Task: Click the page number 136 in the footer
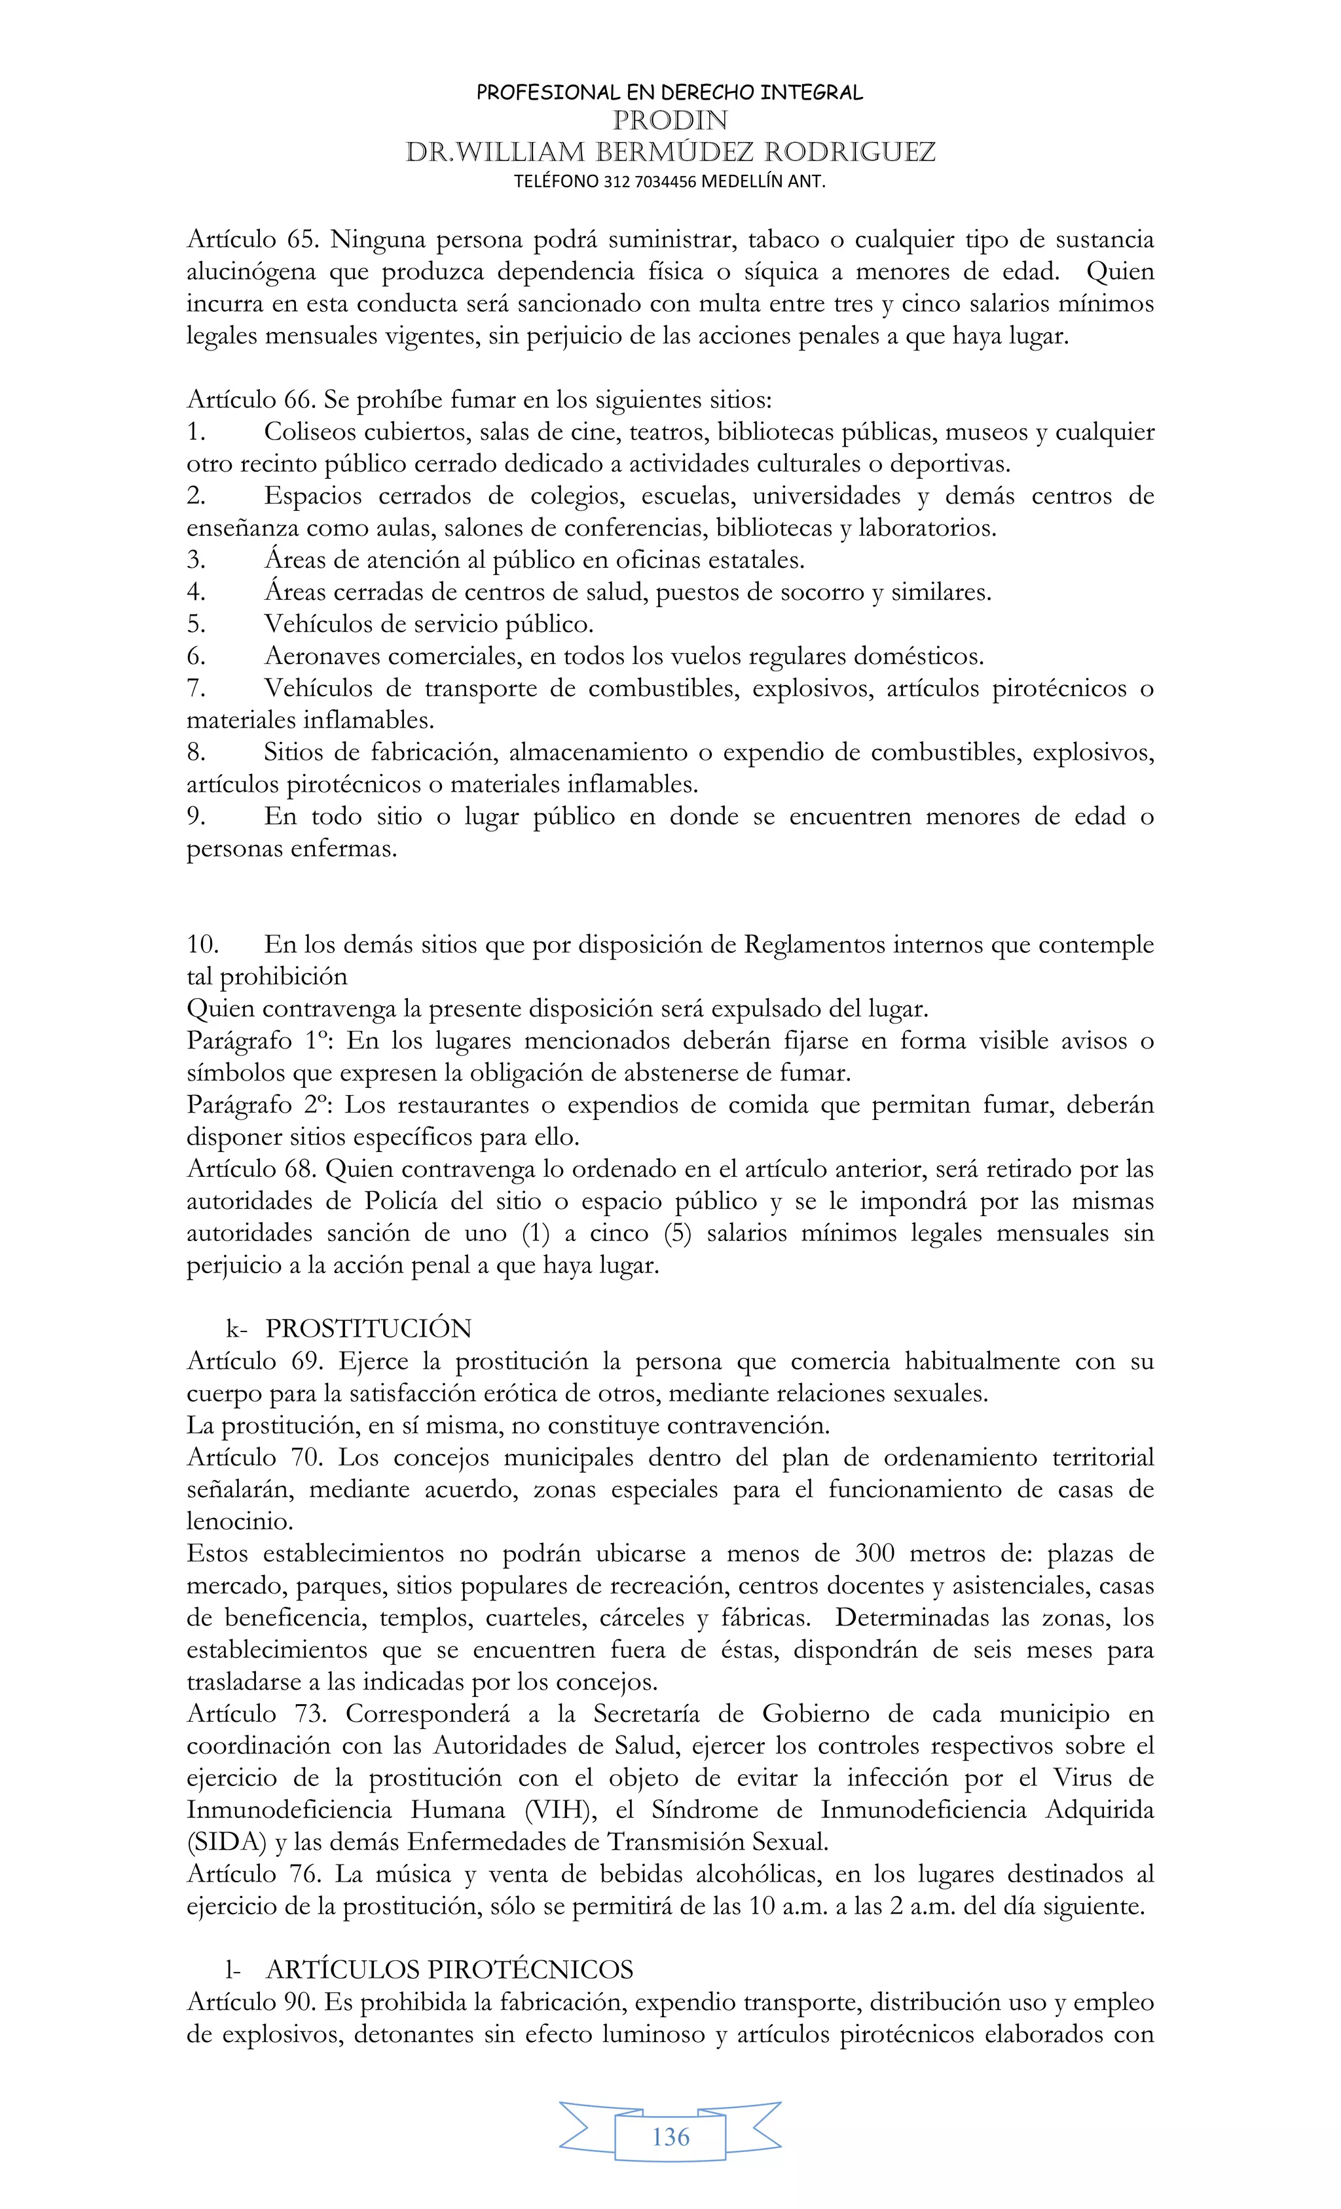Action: click(x=670, y=2137)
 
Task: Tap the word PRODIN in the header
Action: click(x=670, y=120)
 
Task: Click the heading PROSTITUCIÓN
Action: click(x=369, y=1329)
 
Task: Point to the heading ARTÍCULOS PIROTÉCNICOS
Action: click(x=449, y=1970)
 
